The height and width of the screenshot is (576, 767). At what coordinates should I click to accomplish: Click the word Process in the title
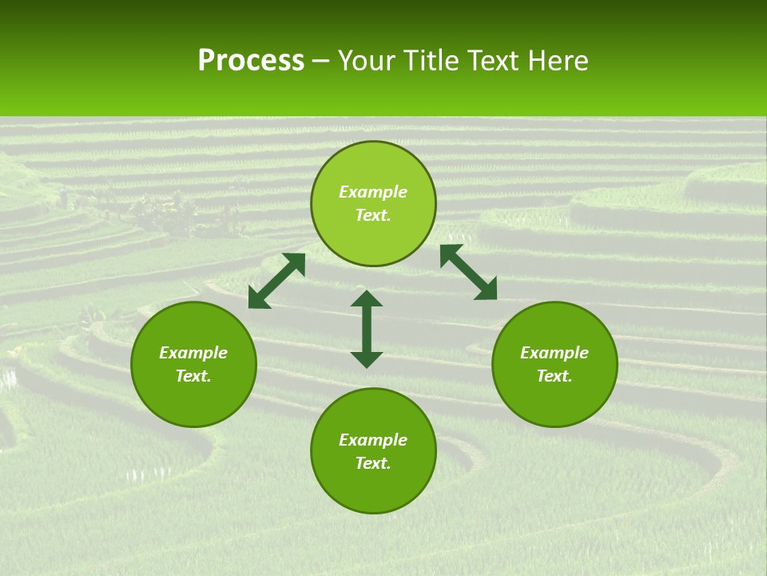[251, 61]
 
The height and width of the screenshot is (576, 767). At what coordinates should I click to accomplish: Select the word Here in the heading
[556, 61]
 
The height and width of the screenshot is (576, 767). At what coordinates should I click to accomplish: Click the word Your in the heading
[368, 61]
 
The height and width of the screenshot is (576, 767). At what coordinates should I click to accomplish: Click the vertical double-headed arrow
[367, 329]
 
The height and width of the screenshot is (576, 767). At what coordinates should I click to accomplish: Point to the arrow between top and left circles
[276, 281]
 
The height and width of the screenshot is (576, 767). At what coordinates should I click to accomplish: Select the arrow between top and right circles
[468, 272]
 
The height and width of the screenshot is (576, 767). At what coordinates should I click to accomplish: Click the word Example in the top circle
[373, 192]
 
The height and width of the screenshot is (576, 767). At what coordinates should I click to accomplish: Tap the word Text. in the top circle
[373, 215]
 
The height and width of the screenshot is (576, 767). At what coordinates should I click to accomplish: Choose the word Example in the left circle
[193, 353]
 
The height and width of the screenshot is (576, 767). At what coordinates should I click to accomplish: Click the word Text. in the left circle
[193, 376]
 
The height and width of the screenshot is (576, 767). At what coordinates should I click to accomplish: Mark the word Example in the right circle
[554, 353]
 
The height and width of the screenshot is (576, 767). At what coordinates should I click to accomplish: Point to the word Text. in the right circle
[554, 376]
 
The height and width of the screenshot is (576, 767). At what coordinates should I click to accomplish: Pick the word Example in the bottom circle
[373, 440]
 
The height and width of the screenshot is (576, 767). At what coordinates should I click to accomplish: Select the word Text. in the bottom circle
[373, 463]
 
